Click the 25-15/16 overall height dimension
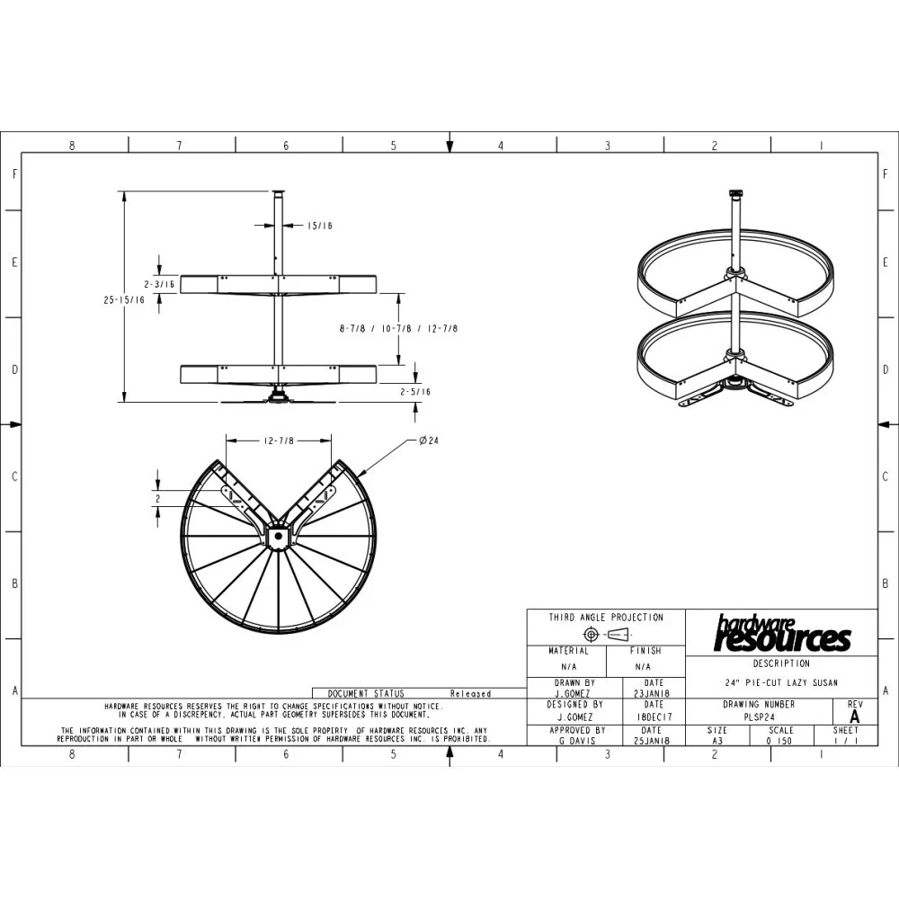(124, 301)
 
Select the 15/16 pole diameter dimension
(319, 226)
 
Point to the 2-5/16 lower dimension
(415, 392)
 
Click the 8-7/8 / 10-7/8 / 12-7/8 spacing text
(398, 329)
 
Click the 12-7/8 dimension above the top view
(279, 441)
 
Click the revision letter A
(854, 717)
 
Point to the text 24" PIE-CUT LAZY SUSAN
(781, 682)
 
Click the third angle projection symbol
(606, 635)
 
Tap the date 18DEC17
(654, 717)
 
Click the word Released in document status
(470, 693)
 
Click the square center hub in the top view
(278, 536)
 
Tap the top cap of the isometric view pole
(735, 192)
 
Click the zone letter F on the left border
(13, 174)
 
